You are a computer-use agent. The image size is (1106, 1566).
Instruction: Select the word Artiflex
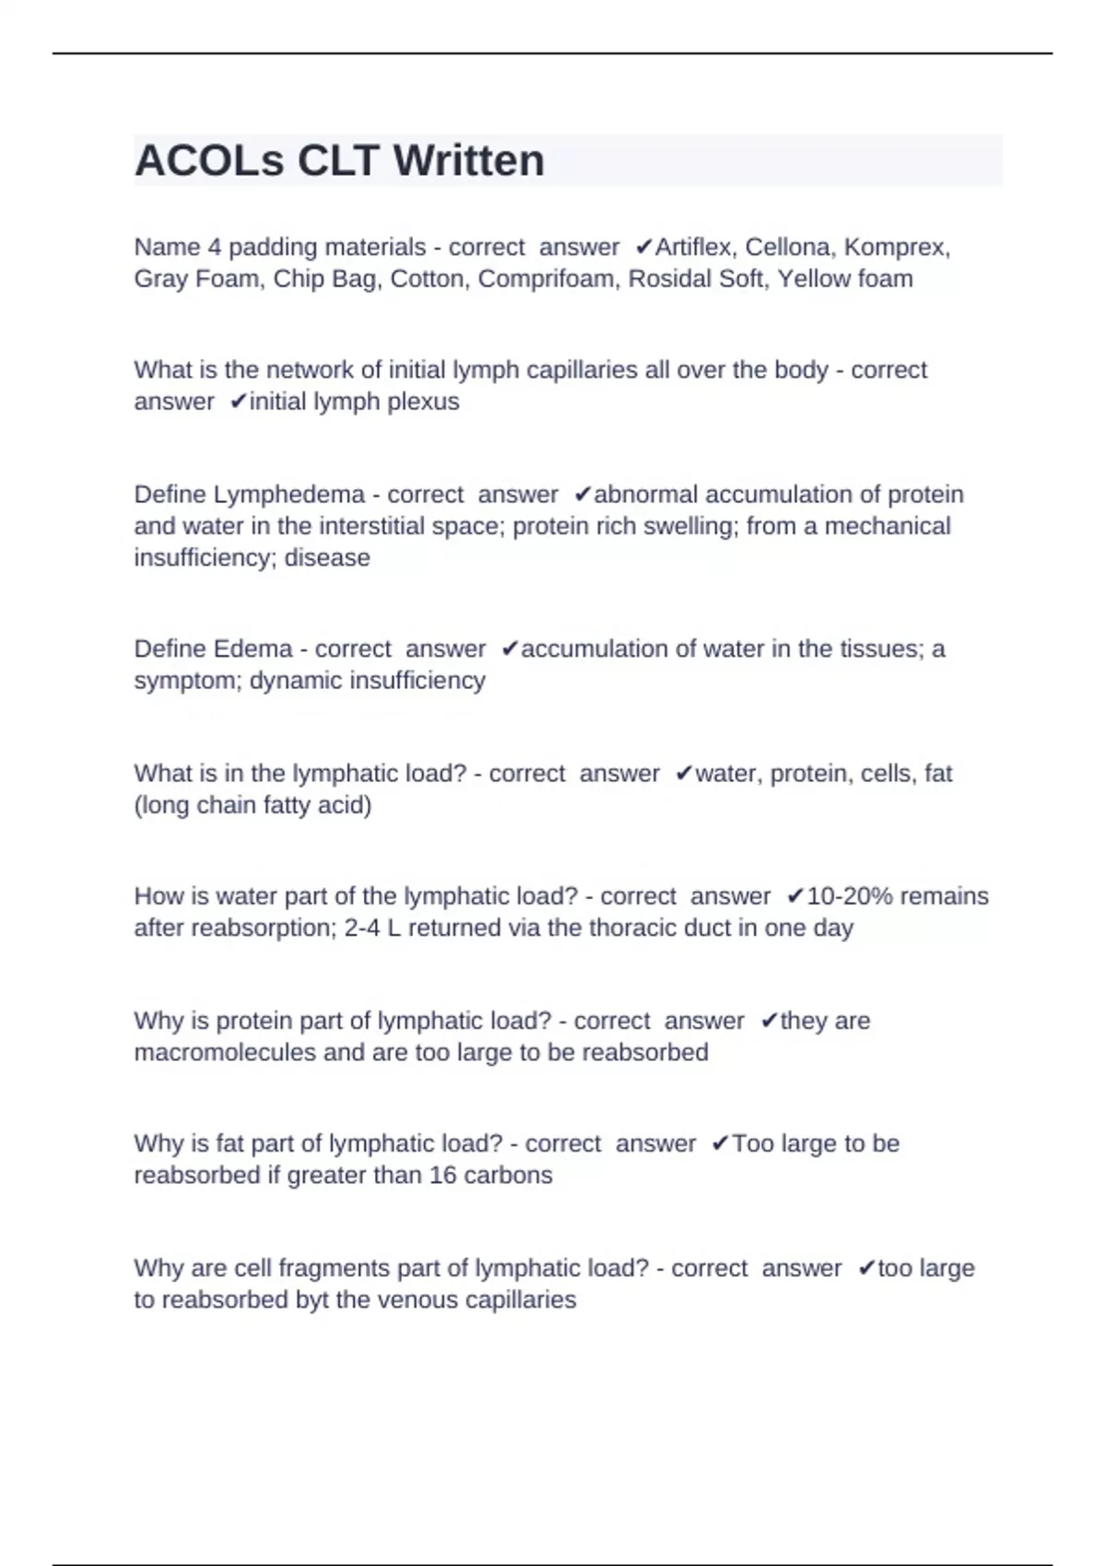[695, 248]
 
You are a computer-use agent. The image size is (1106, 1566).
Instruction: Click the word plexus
[425, 403]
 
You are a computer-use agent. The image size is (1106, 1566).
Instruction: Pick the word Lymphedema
[289, 495]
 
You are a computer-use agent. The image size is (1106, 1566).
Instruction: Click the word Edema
[253, 649]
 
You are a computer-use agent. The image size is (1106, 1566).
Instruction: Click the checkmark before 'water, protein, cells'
[683, 774]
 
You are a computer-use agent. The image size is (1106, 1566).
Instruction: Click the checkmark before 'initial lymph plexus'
[238, 403]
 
